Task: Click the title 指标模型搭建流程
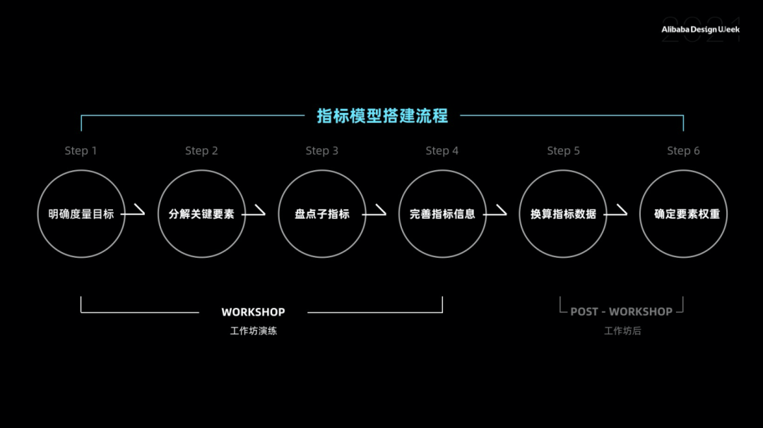pyautogui.click(x=382, y=116)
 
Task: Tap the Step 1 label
pyautogui.click(x=81, y=150)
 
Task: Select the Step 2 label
pyautogui.click(x=201, y=150)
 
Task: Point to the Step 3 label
pyautogui.click(x=321, y=150)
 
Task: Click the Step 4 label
pyautogui.click(x=442, y=150)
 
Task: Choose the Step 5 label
pyautogui.click(x=563, y=150)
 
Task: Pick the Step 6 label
pyautogui.click(x=683, y=150)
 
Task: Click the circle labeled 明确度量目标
pyautogui.click(x=81, y=213)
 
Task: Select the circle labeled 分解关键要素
pyautogui.click(x=201, y=213)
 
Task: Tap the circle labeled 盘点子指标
pyautogui.click(x=321, y=213)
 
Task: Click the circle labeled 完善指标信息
pyautogui.click(x=442, y=213)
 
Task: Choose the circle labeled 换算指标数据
pyautogui.click(x=563, y=213)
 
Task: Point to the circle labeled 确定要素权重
pyautogui.click(x=683, y=213)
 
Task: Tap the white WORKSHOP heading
pyautogui.click(x=253, y=312)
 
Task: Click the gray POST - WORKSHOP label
pyautogui.click(x=621, y=311)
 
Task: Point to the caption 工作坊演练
pyautogui.click(x=253, y=331)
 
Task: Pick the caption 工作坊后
pyautogui.click(x=622, y=331)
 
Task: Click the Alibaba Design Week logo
pyautogui.click(x=700, y=30)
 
